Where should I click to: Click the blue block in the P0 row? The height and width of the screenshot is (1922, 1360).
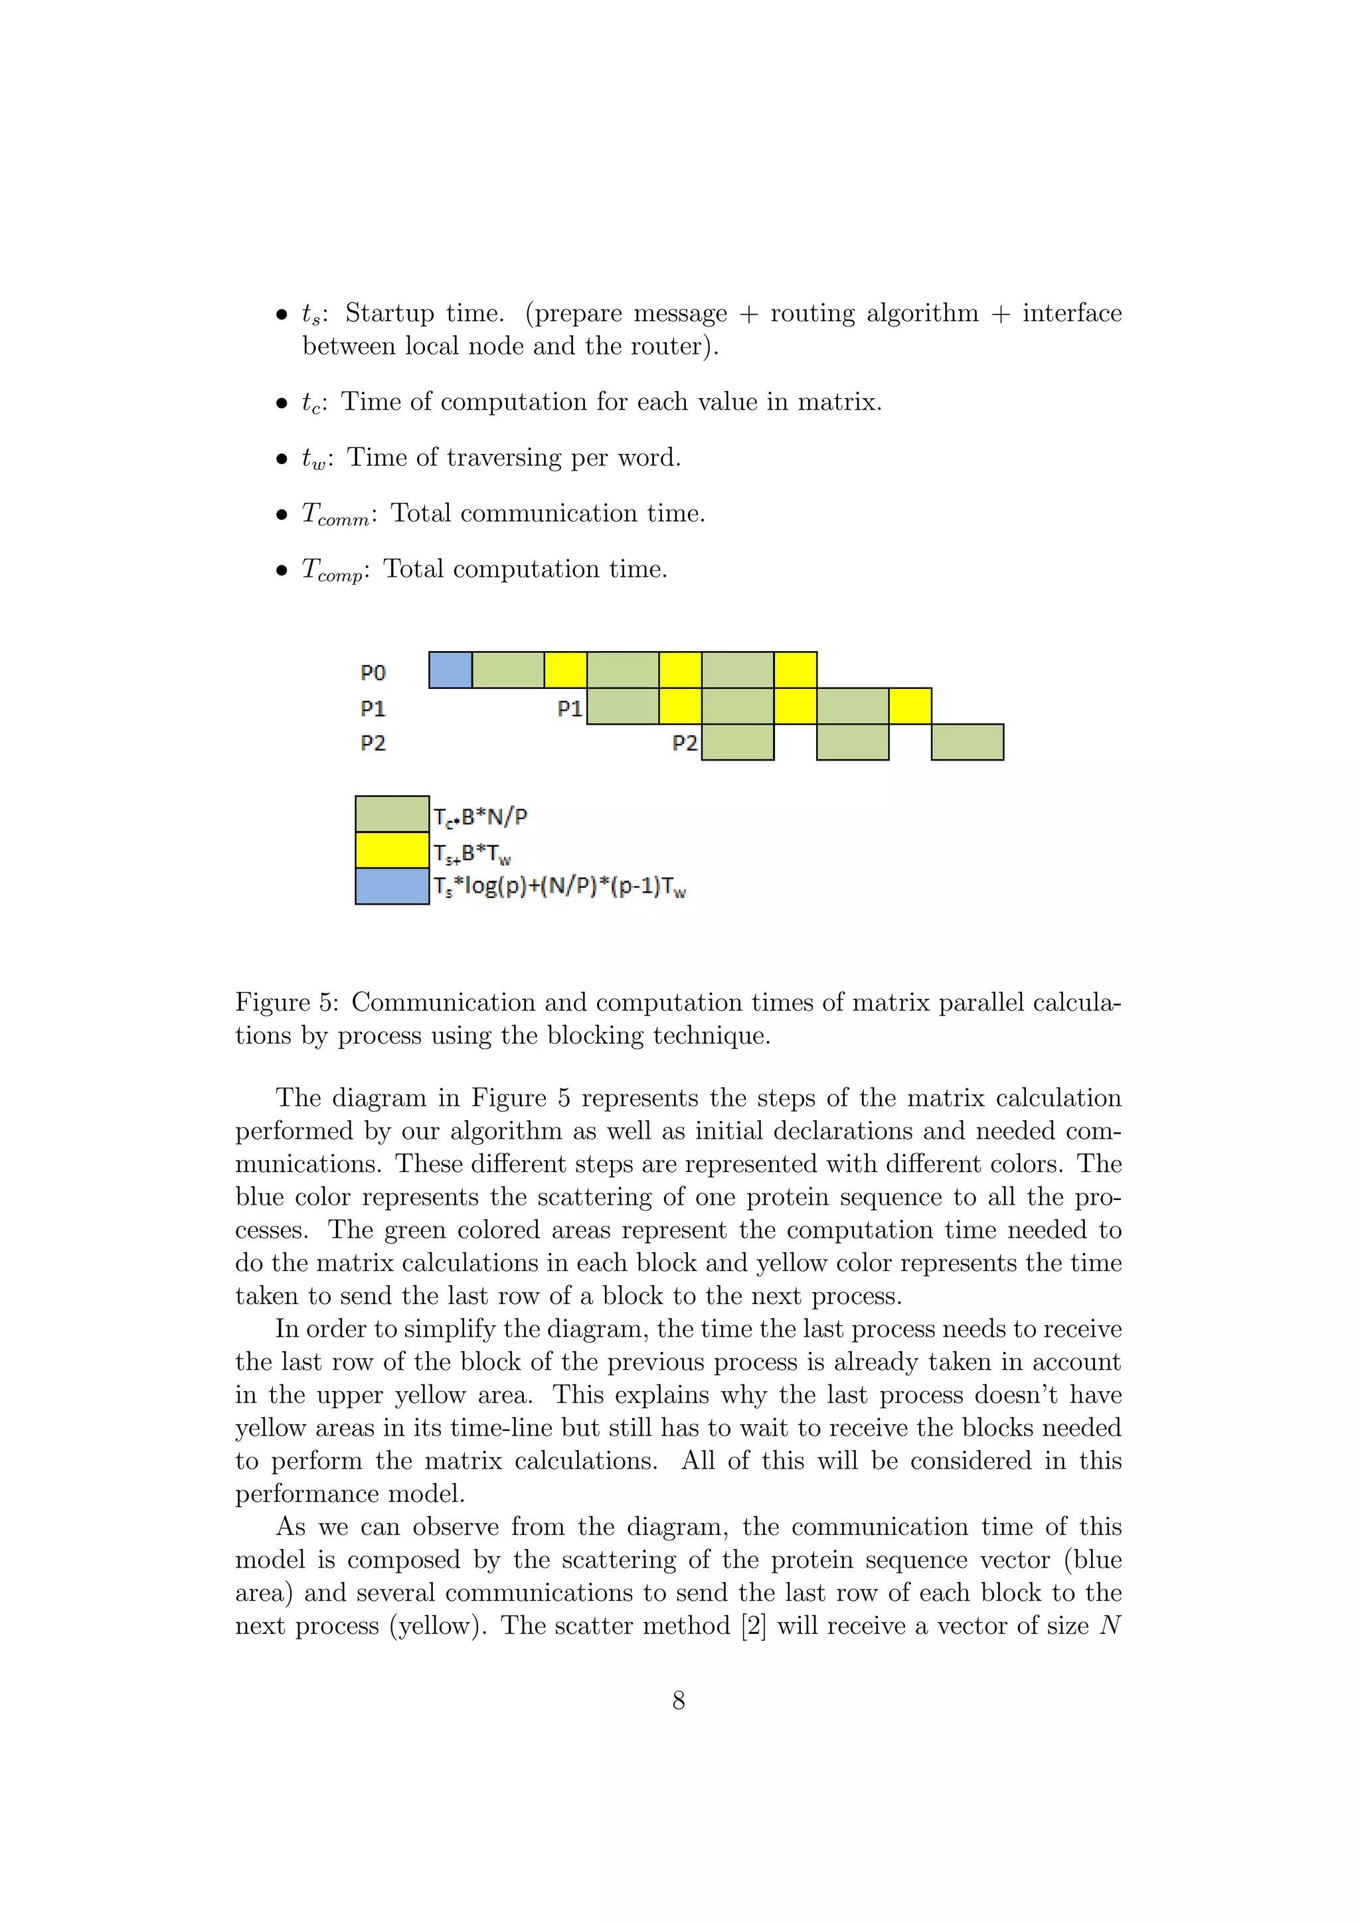click(450, 670)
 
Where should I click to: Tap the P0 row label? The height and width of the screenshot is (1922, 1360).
click(373, 673)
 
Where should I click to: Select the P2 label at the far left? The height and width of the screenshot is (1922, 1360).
click(373, 743)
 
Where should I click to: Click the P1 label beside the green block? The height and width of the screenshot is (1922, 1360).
click(570, 709)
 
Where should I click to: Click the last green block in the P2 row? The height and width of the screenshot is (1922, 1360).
click(968, 743)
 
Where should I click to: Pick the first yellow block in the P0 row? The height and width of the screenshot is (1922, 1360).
click(565, 670)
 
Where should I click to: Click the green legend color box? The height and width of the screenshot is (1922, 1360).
click(392, 814)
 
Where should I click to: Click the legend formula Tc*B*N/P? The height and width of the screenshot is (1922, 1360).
click(480, 817)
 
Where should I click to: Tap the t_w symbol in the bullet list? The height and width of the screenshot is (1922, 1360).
click(314, 459)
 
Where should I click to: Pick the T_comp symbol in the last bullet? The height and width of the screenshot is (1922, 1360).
click(331, 571)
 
